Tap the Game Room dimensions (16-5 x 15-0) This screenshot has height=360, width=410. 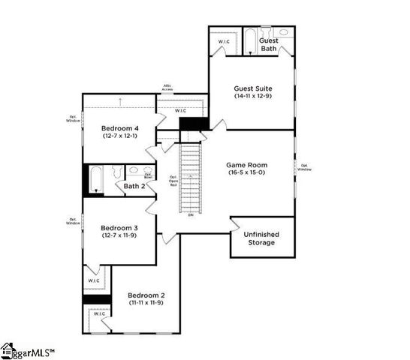(247, 172)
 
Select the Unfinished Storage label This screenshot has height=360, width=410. (260, 238)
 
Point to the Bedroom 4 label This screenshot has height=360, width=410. (121, 129)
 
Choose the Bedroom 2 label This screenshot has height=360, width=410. (146, 295)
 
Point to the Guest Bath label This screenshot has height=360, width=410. (269, 44)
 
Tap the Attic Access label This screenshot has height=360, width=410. (168, 87)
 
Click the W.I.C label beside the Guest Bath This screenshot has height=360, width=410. (224, 41)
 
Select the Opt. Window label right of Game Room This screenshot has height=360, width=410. (304, 167)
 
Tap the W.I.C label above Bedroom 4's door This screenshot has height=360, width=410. (181, 110)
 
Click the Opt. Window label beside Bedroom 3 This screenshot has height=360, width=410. (73, 221)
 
